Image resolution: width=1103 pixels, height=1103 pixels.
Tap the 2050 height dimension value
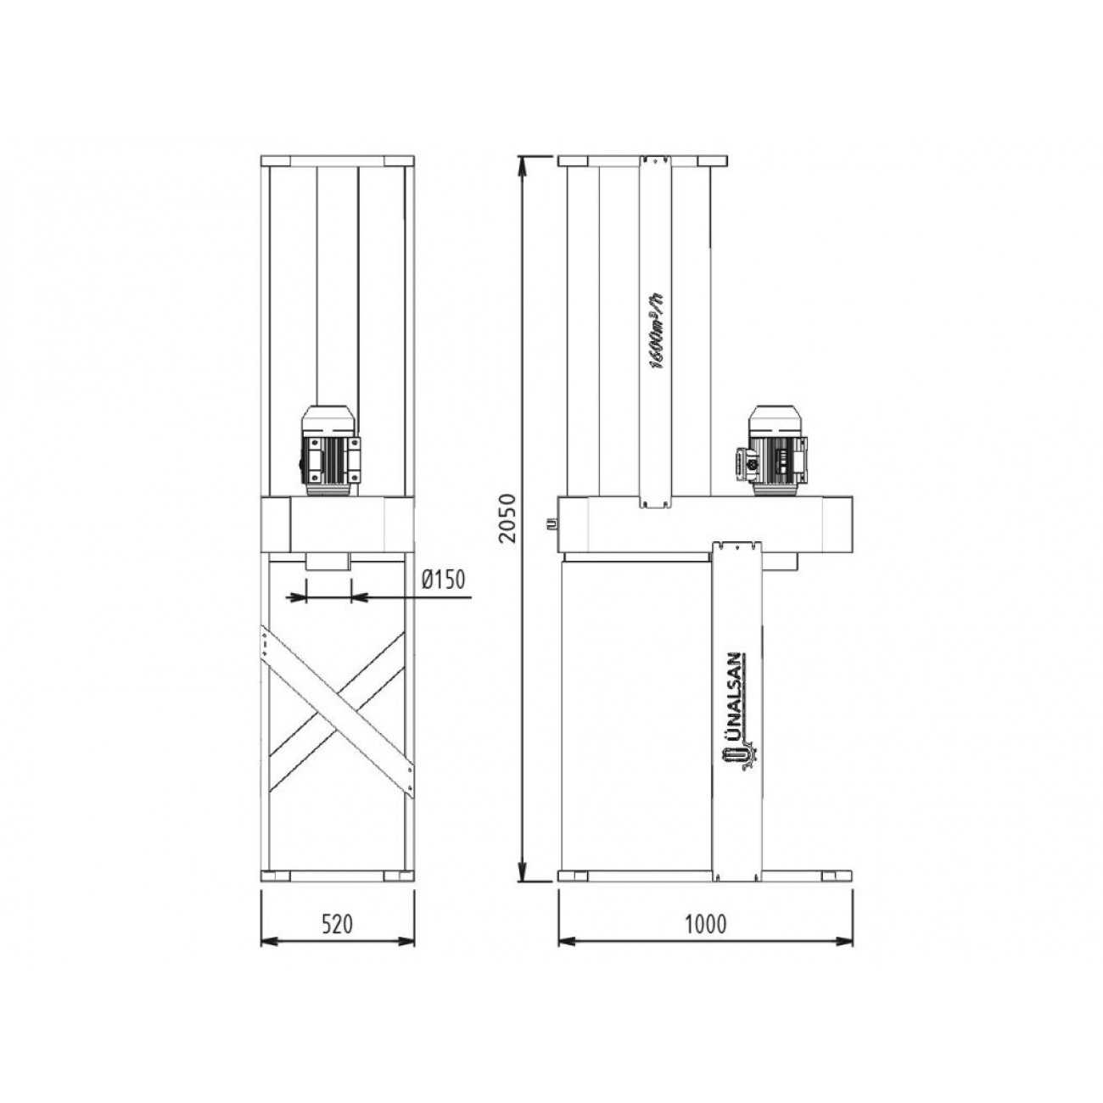click(x=508, y=518)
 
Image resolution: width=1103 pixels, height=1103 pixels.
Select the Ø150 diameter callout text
click(x=444, y=580)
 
